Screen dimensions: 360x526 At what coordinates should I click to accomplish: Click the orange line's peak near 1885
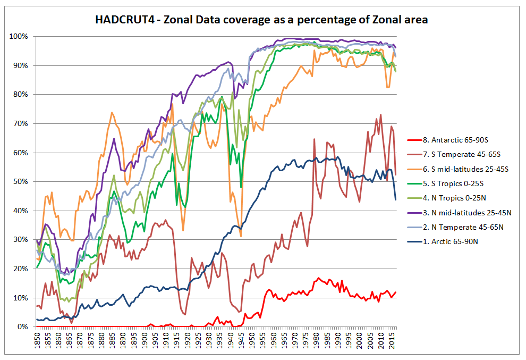click(112, 112)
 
